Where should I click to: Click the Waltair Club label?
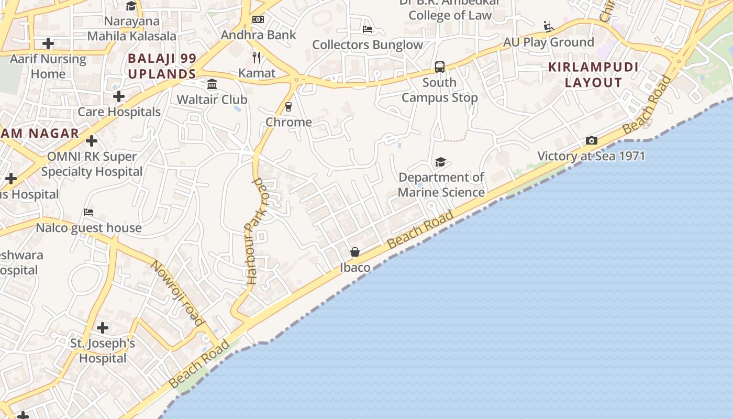[212, 100]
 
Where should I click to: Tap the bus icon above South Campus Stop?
[440, 67]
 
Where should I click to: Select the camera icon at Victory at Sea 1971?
[592, 140]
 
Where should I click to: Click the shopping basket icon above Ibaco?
[355, 252]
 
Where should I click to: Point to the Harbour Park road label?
[256, 230]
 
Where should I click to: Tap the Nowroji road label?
[177, 292]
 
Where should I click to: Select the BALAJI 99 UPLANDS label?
[162, 66]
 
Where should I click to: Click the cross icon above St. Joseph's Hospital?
[103, 328]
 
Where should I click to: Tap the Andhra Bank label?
[259, 35]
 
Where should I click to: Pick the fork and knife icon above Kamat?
[257, 57]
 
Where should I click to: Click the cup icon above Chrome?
[288, 107]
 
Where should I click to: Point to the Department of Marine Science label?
[441, 185]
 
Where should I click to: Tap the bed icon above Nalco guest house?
[88, 212]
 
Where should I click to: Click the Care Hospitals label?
[119, 112]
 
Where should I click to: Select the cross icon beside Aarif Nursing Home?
[48, 43]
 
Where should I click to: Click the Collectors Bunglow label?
[368, 45]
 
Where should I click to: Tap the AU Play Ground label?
[548, 42]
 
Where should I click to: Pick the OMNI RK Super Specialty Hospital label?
[92, 164]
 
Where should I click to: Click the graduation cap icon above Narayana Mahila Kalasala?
[131, 6]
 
